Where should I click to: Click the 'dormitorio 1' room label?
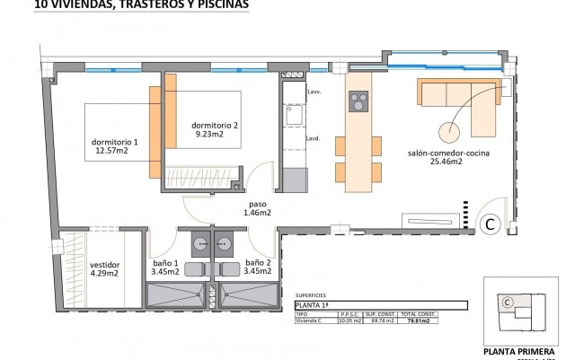click(115, 142)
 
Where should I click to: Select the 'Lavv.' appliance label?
click(314, 92)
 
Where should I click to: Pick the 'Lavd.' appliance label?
click(314, 138)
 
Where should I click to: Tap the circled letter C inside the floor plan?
click(491, 224)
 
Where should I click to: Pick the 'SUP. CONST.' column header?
click(383, 313)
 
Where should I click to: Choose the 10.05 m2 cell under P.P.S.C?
click(349, 320)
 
